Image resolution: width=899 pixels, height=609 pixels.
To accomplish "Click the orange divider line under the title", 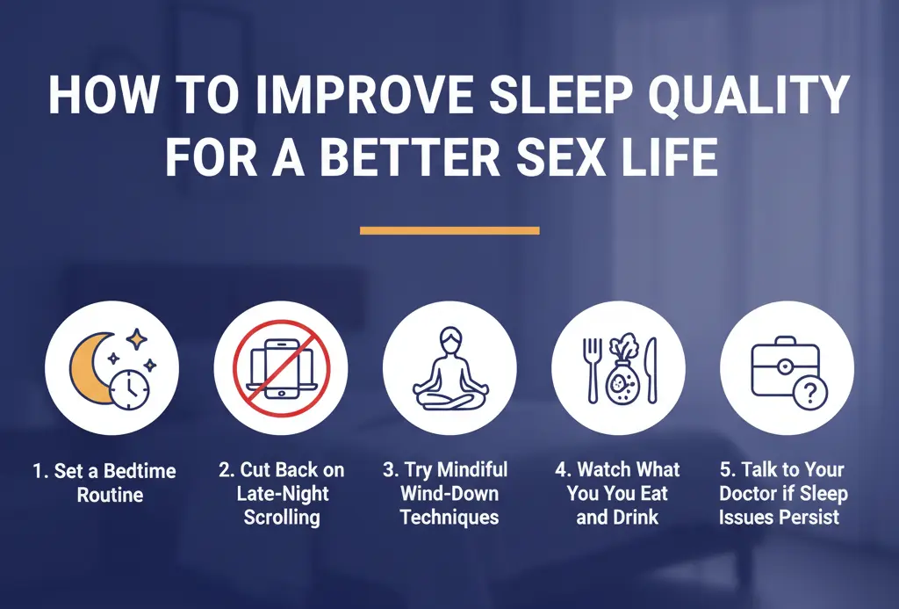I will pos(449,230).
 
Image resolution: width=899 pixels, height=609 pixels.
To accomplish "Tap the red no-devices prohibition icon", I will pos(280,369).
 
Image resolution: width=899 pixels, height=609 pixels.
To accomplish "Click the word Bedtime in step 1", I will pos(140,470).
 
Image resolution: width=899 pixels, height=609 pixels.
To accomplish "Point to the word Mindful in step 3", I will pos(472,470).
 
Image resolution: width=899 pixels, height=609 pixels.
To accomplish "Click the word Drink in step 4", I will pos(630,517).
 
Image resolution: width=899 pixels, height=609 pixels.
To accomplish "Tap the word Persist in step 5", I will pos(808,517).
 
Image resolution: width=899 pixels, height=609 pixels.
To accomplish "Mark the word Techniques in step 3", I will pos(449,517).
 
